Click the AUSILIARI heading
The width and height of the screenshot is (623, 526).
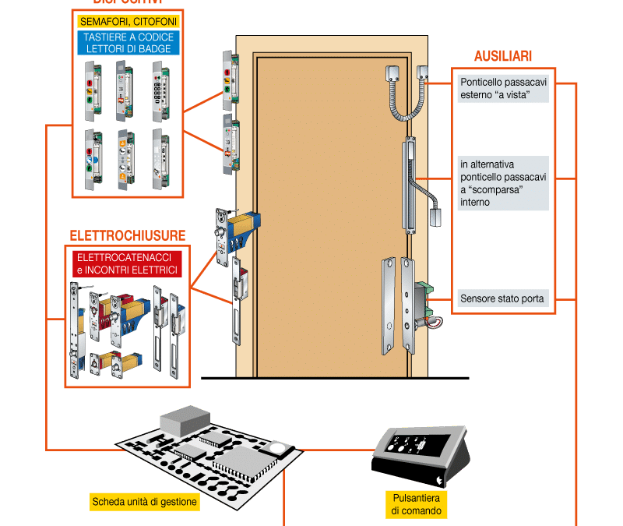503,57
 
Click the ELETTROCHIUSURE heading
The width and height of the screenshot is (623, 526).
127,235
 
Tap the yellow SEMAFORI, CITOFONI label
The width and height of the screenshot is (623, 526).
127,19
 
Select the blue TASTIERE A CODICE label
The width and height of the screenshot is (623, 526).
127,42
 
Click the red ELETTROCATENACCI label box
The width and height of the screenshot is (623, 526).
126,263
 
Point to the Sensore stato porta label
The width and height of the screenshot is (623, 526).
503,298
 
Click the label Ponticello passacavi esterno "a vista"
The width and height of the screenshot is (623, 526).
503,87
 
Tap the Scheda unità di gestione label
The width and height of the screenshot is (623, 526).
144,501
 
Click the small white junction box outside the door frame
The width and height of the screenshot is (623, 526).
424,74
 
